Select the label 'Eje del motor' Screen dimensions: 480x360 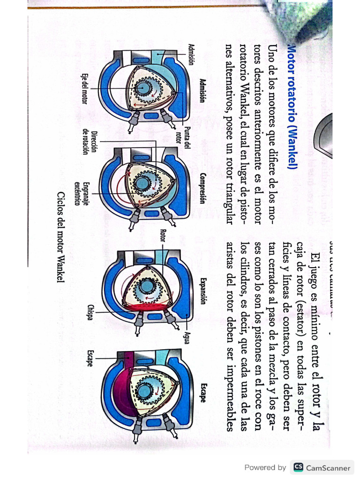[x=85, y=89]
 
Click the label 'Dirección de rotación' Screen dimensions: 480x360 [x=90, y=142]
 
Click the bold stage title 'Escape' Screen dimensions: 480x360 [x=202, y=393]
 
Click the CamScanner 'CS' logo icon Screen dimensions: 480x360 [x=298, y=467]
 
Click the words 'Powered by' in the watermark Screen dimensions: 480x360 [x=265, y=467]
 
